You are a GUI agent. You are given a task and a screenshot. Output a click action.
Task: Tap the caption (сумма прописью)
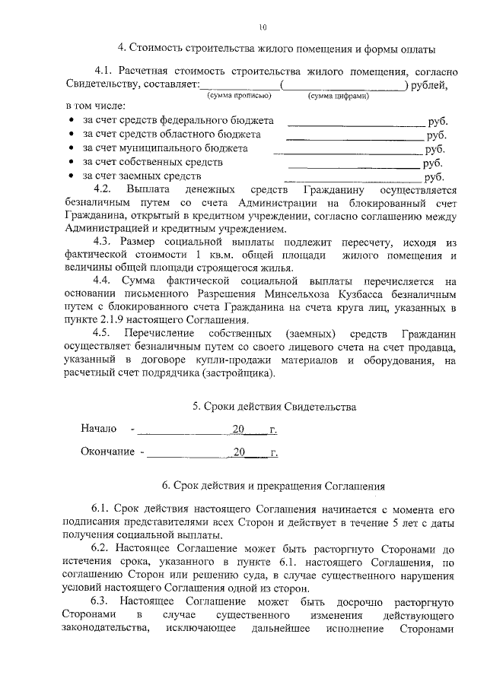coord(236,97)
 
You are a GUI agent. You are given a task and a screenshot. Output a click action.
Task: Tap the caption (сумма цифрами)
coord(339,97)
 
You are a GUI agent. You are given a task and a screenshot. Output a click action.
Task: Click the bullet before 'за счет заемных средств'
coord(71,176)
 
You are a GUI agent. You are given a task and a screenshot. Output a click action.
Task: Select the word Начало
coord(99,430)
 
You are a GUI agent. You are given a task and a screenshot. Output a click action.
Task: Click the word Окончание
coord(107,452)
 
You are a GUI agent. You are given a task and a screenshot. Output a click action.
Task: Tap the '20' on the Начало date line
coord(238,430)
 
